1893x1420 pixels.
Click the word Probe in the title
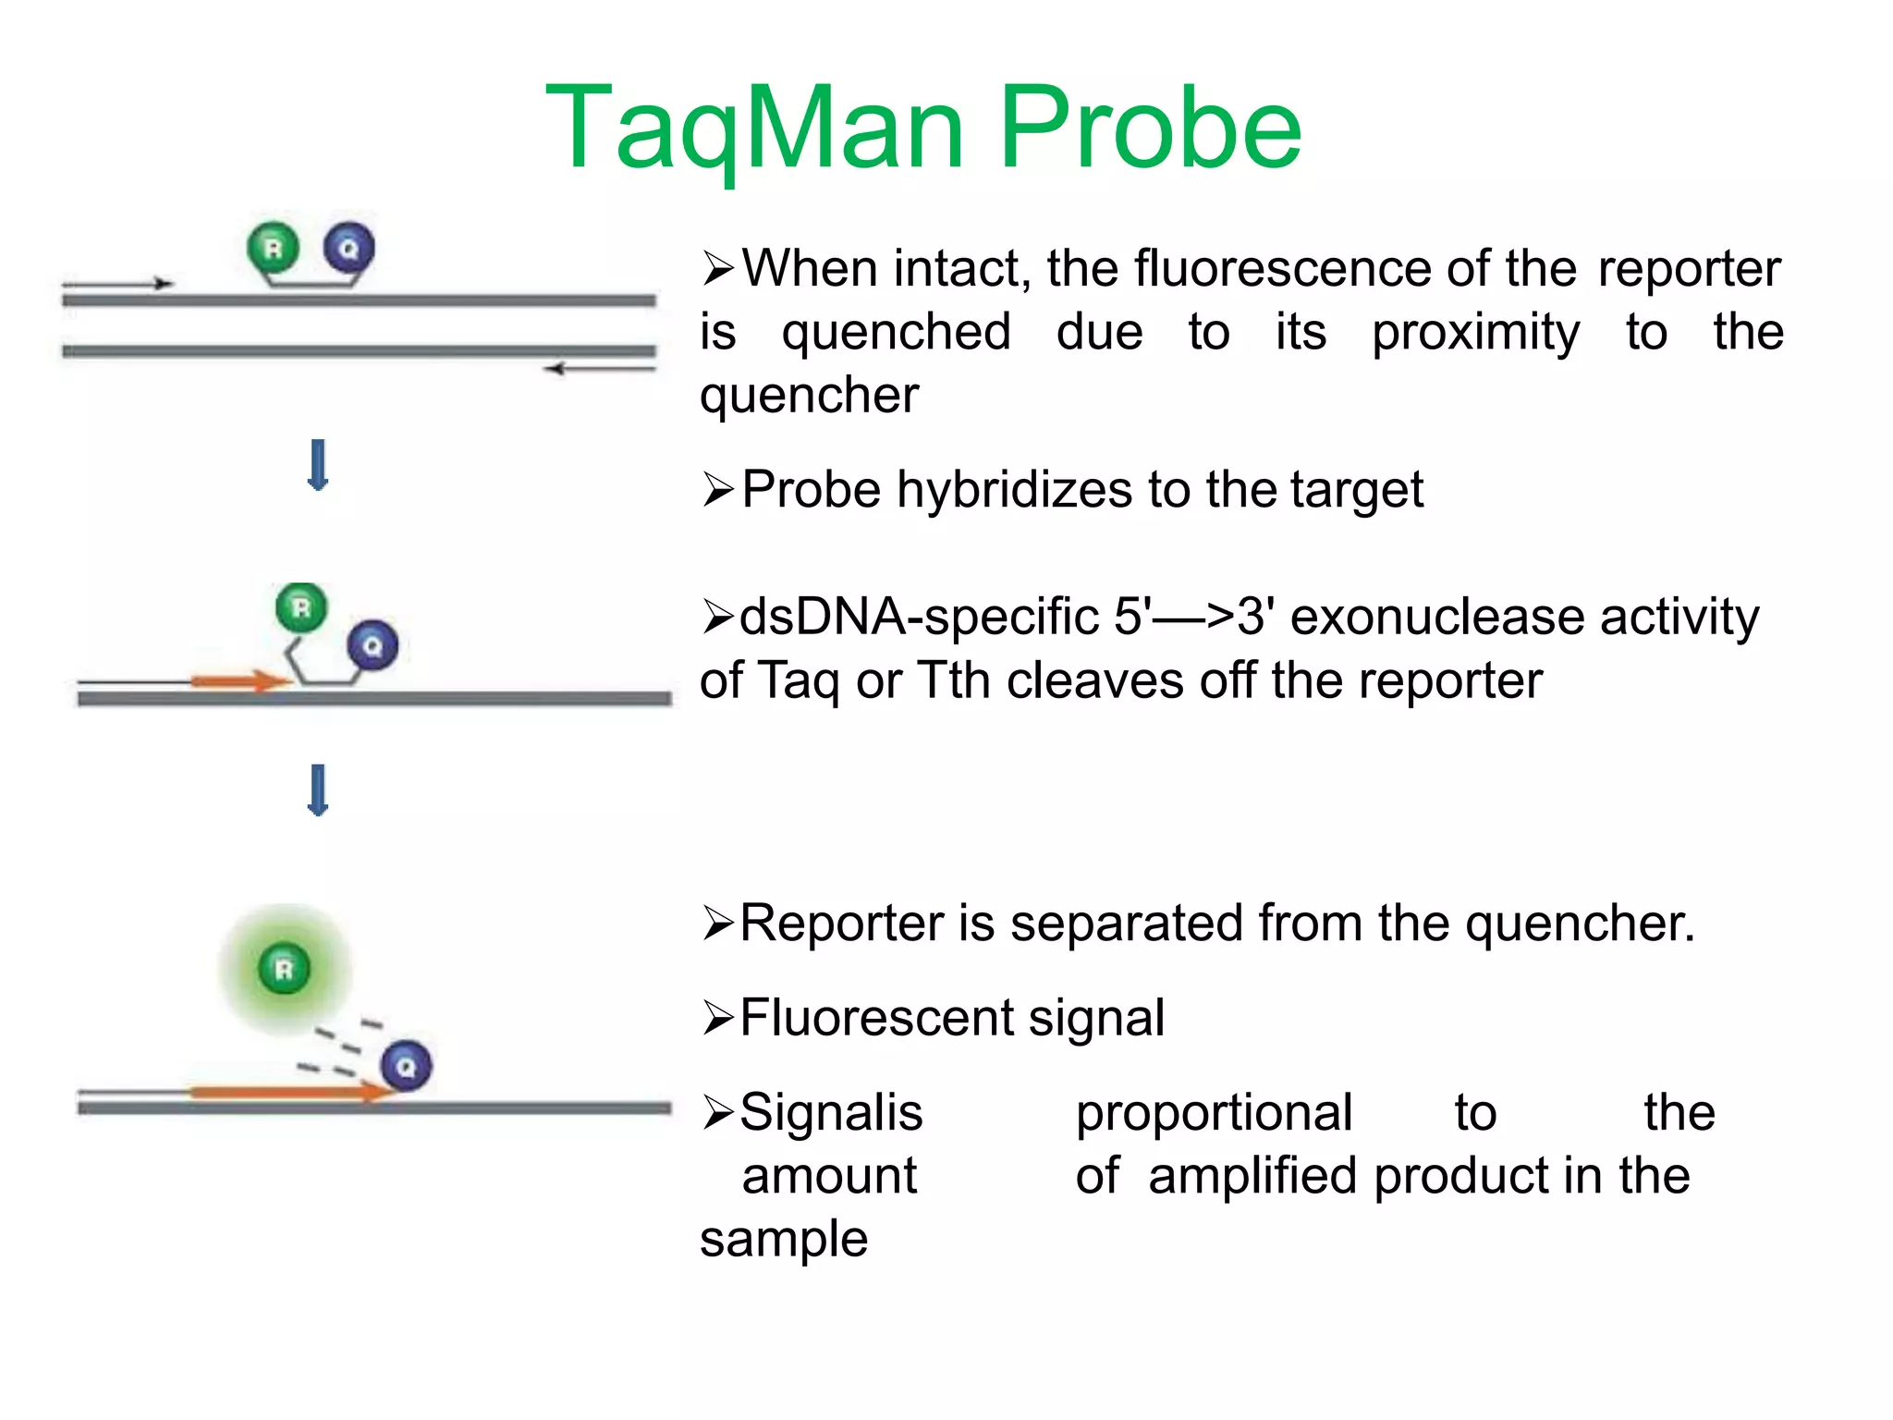[1150, 129]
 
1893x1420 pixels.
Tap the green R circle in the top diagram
[274, 248]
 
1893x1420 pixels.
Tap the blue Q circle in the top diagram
[348, 248]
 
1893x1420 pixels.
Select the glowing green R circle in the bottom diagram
[285, 968]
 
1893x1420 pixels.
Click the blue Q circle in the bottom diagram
[406, 1066]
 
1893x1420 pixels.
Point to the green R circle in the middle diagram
[301, 607]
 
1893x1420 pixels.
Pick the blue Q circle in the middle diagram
[372, 645]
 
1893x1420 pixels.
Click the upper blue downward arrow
[318, 465]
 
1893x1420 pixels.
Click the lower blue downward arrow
[318, 790]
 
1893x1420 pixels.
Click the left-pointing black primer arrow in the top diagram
[601, 369]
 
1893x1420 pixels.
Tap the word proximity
[1475, 332]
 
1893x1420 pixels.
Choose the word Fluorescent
[875, 1018]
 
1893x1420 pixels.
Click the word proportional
[1214, 1112]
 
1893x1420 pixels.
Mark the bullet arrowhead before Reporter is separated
[718, 923]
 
